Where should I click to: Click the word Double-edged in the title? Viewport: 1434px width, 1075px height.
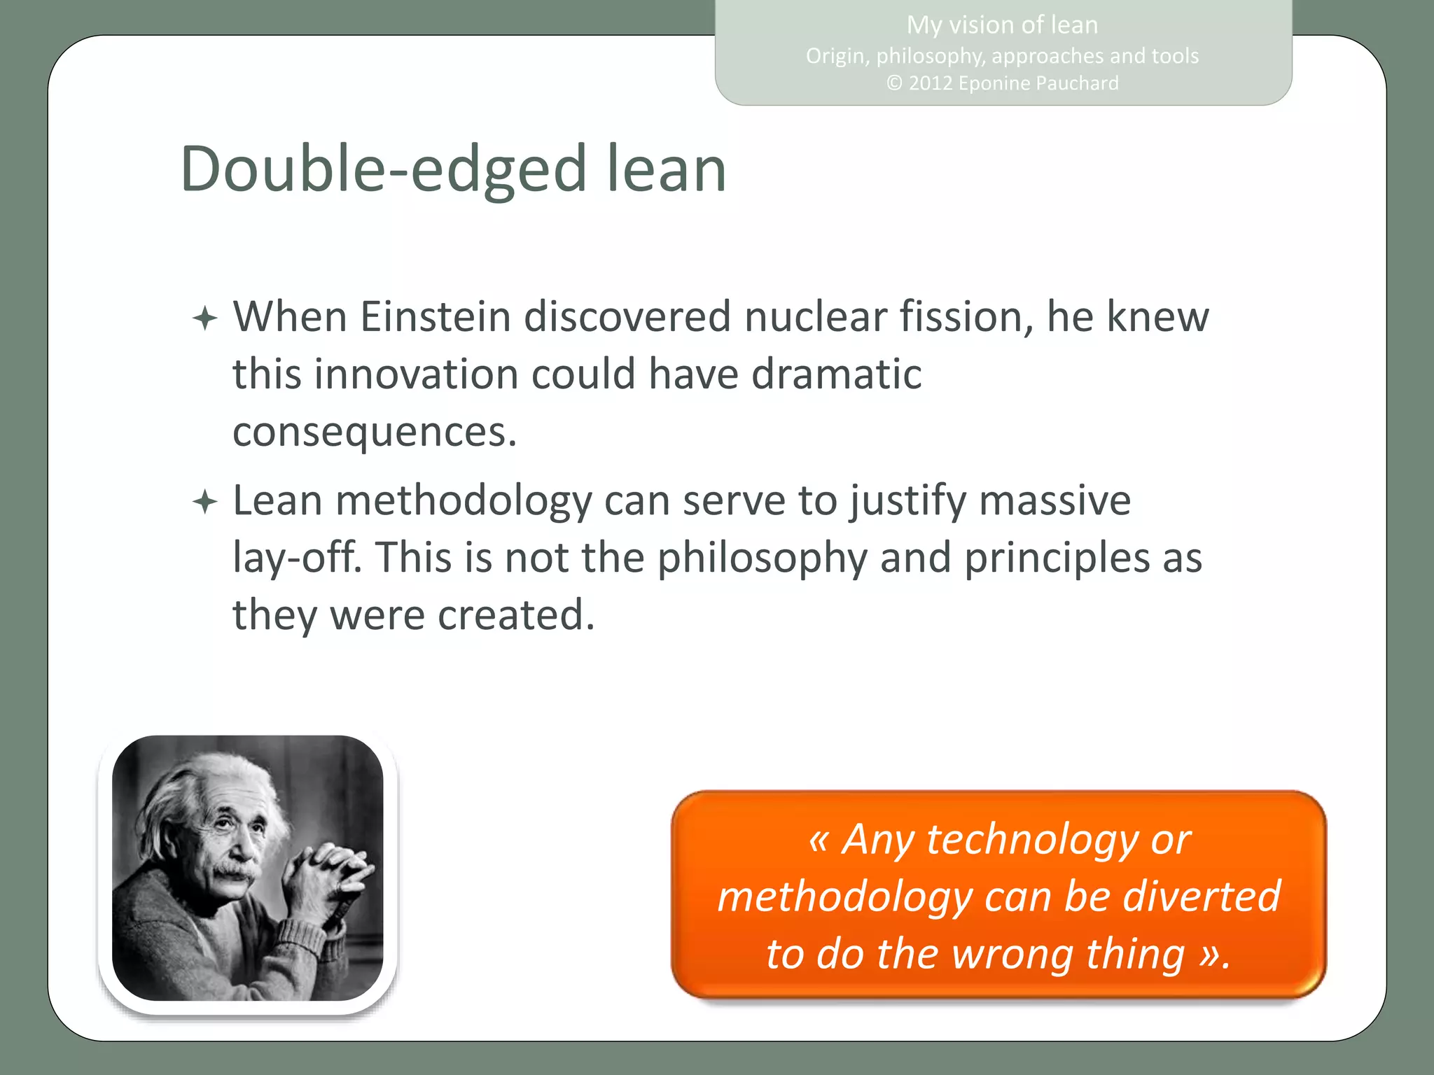coord(383,170)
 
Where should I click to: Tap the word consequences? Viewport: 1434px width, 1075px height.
coord(374,433)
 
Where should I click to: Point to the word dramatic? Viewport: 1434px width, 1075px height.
coord(836,374)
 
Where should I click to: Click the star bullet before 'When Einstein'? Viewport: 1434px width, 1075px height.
coord(204,319)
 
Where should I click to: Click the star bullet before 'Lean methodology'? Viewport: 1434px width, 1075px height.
coord(204,502)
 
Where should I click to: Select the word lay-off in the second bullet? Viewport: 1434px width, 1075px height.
coord(297,558)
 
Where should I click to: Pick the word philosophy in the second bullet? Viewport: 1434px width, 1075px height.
coord(762,558)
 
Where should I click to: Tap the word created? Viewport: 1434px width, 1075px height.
coord(515,615)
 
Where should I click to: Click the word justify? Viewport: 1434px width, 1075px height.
coord(908,502)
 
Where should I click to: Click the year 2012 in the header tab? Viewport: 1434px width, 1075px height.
coord(930,83)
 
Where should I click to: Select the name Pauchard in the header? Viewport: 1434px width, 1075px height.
coord(1077,83)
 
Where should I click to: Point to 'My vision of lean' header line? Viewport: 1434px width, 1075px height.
coord(1002,25)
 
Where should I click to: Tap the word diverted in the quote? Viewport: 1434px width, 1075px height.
coord(1202,897)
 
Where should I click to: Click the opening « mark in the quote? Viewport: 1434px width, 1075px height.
coord(818,839)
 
